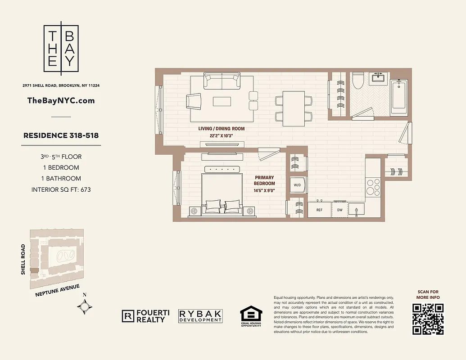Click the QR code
coord(428,319)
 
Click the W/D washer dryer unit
coord(297,185)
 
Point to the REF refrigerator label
coord(319,210)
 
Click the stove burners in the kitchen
coord(373,187)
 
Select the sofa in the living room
coord(222,81)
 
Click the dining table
coord(293,108)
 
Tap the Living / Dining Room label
coord(222,129)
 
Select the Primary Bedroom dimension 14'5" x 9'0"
coord(264,190)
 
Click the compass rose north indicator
coord(85,306)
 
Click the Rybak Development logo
coord(200,315)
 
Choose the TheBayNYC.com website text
coord(61,100)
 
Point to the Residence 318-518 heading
coord(61,135)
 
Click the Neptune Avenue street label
coord(57,291)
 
